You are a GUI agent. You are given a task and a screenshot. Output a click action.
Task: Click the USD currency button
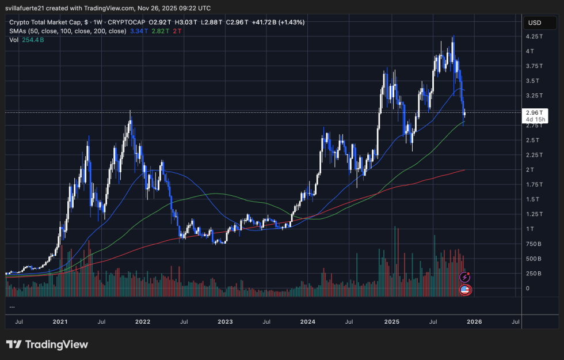click(534, 23)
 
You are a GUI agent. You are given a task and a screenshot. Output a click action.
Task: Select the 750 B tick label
click(532, 244)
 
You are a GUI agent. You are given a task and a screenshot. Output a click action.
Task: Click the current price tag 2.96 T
click(533, 112)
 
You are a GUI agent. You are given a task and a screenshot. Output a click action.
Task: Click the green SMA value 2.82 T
click(157, 31)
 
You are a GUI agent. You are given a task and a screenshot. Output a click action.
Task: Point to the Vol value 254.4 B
click(33, 40)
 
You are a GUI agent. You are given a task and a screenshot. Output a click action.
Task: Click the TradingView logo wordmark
click(47, 344)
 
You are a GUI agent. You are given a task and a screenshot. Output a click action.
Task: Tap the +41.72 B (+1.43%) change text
click(277, 22)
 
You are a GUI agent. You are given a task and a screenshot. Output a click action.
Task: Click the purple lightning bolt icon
click(465, 278)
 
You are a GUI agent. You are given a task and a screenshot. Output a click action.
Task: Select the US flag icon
click(465, 289)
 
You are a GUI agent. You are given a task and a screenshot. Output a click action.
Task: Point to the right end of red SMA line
click(464, 170)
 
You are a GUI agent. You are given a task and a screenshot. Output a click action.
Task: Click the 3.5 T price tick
click(532, 81)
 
